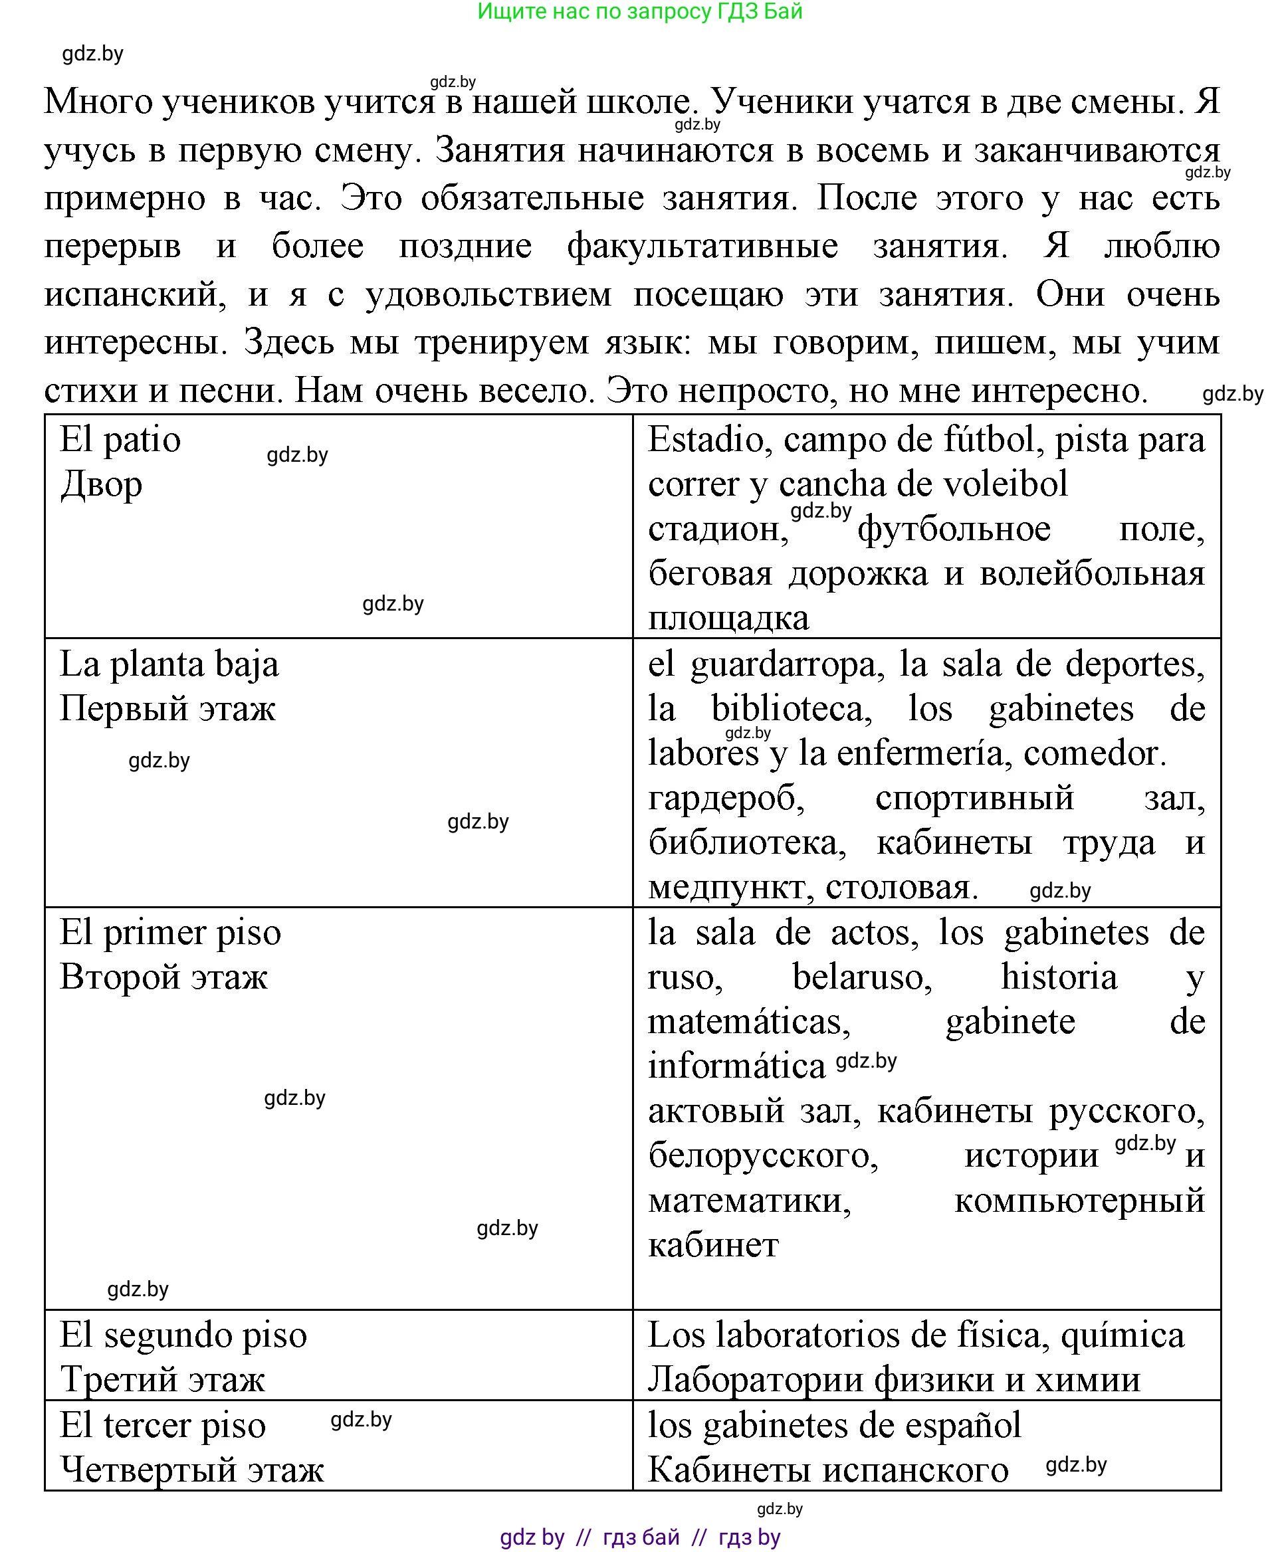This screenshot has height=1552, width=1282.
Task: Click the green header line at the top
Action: coord(639,12)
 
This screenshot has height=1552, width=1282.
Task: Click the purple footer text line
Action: coord(639,1537)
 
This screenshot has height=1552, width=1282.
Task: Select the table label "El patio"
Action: coord(120,440)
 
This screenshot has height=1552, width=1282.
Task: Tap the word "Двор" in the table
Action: coord(101,485)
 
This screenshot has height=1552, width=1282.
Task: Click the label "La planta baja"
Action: coord(169,664)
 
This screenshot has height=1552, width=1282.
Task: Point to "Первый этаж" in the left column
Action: coord(167,709)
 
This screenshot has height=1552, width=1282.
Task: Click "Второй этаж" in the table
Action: coord(164,977)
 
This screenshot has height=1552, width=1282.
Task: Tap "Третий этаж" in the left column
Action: coord(162,1380)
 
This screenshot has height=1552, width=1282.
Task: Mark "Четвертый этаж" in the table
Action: coord(192,1470)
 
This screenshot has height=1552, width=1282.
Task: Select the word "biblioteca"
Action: coord(792,709)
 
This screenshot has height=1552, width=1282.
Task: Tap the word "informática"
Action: coord(736,1066)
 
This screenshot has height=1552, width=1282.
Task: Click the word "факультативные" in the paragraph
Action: coord(702,246)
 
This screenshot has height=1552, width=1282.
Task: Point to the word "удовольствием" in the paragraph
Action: coord(489,294)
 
